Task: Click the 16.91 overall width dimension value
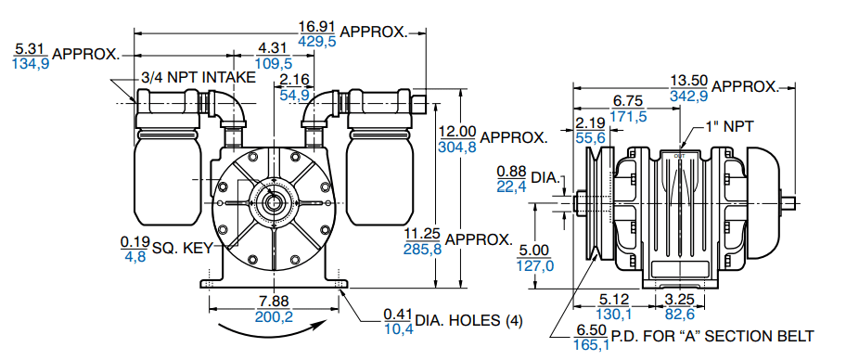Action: tap(317, 26)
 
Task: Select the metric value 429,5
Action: tap(317, 41)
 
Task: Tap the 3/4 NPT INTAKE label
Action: tap(198, 78)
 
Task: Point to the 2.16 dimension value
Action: tap(295, 81)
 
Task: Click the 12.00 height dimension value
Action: tap(457, 132)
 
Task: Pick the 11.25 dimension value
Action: tap(422, 235)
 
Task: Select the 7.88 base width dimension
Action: tap(273, 302)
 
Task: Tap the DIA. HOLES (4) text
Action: tap(469, 321)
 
